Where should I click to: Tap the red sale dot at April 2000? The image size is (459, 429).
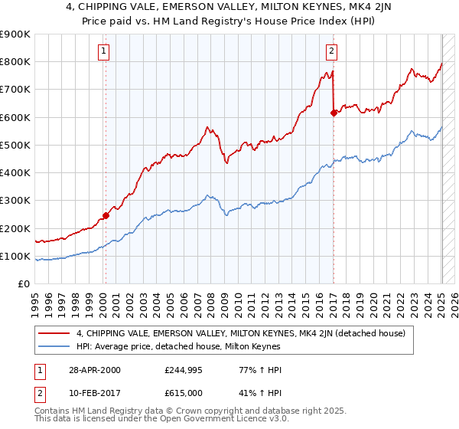(106, 216)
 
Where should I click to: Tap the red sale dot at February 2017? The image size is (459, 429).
(334, 113)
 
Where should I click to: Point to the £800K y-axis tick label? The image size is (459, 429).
(15, 62)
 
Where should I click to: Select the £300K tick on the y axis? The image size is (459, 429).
(15, 201)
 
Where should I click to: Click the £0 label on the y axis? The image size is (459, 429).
(23, 284)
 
